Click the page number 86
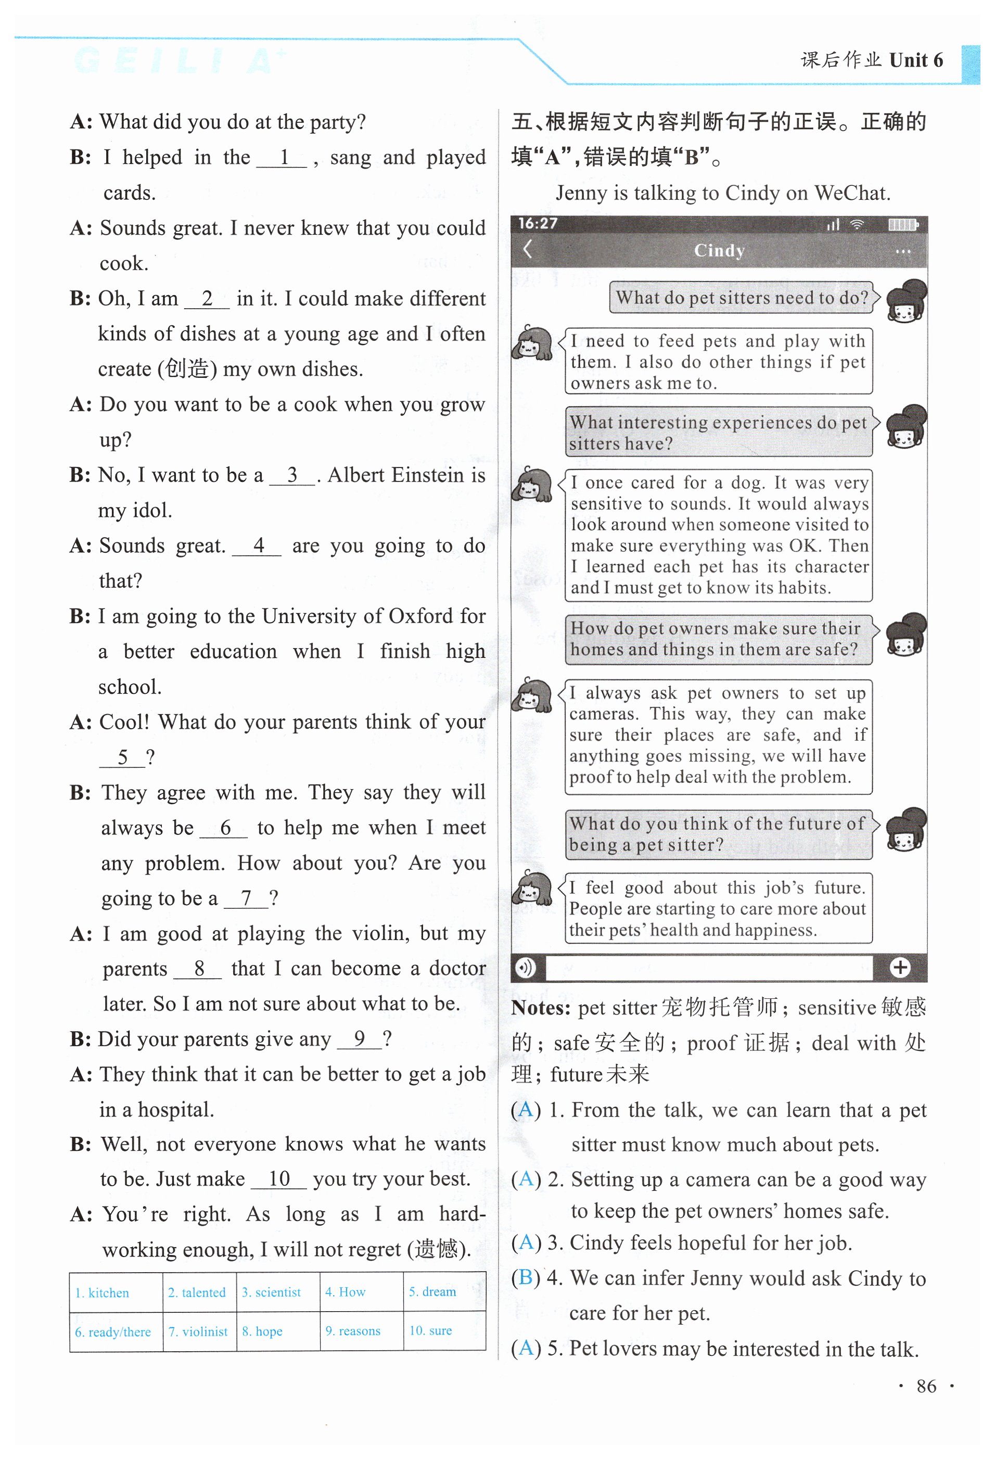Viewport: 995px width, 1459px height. tap(926, 1386)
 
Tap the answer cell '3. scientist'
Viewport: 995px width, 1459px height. tap(271, 1291)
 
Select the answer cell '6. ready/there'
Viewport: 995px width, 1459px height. tap(113, 1331)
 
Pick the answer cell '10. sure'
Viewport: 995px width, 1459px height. tap(431, 1330)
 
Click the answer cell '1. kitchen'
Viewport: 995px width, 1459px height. tap(103, 1292)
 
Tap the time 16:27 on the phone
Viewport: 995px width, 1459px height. tap(538, 223)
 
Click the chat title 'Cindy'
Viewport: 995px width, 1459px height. tap(719, 250)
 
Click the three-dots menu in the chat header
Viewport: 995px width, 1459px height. tap(903, 252)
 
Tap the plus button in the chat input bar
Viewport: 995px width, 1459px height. tap(900, 968)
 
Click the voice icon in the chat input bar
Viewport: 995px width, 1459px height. tap(526, 968)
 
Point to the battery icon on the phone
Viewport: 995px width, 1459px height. tap(903, 224)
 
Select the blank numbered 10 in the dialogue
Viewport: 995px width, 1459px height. tap(279, 1179)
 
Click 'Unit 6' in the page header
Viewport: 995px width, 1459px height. tap(916, 60)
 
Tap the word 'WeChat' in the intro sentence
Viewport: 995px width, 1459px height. tap(852, 193)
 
